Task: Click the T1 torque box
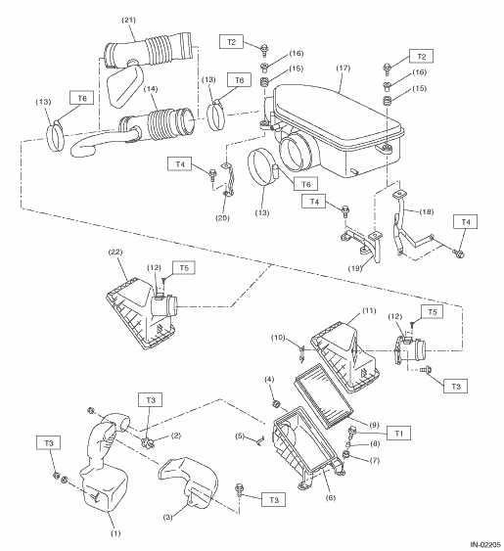398,434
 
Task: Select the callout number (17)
344,68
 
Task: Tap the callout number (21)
128,20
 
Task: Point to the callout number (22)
115,252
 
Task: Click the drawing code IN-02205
485,545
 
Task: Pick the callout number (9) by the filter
374,425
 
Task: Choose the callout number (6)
331,497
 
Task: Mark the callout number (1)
115,533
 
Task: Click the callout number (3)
168,518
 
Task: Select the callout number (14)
151,89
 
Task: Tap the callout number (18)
427,212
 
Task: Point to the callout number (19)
355,268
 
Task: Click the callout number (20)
222,218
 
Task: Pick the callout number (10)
278,338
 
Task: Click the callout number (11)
369,310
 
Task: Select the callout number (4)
269,380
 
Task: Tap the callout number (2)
176,436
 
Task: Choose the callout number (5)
240,436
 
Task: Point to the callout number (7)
375,460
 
